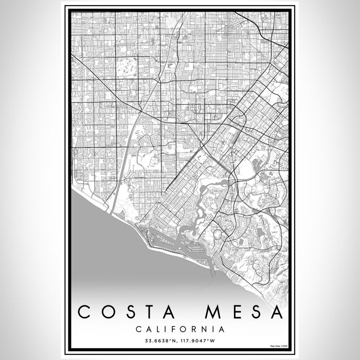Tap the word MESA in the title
click(x=244, y=312)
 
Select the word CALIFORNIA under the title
click(x=179, y=329)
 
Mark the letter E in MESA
click(x=232, y=312)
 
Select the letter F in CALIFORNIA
click(x=172, y=329)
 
